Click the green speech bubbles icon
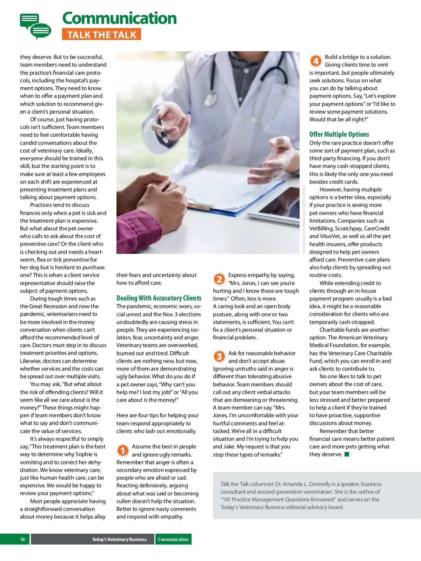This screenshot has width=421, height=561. click(x=35, y=26)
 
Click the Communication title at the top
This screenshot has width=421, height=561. click(x=119, y=18)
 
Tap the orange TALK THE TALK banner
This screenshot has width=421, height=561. click(x=101, y=35)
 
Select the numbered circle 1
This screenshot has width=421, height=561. click(x=122, y=450)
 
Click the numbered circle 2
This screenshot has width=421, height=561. click(x=219, y=279)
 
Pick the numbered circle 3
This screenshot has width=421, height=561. click(x=219, y=357)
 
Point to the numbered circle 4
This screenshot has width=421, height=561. click(x=315, y=61)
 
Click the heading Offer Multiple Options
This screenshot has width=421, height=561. click(x=339, y=134)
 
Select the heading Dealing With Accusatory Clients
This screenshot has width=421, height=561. click(x=159, y=298)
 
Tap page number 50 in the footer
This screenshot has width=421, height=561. click(x=22, y=539)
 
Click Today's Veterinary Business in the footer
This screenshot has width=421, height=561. click(x=119, y=539)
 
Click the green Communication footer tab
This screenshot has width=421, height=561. click(x=173, y=539)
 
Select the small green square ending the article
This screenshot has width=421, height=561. click(x=347, y=454)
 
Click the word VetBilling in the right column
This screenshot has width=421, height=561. click(x=321, y=229)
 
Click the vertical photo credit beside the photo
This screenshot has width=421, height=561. click(x=304, y=219)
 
